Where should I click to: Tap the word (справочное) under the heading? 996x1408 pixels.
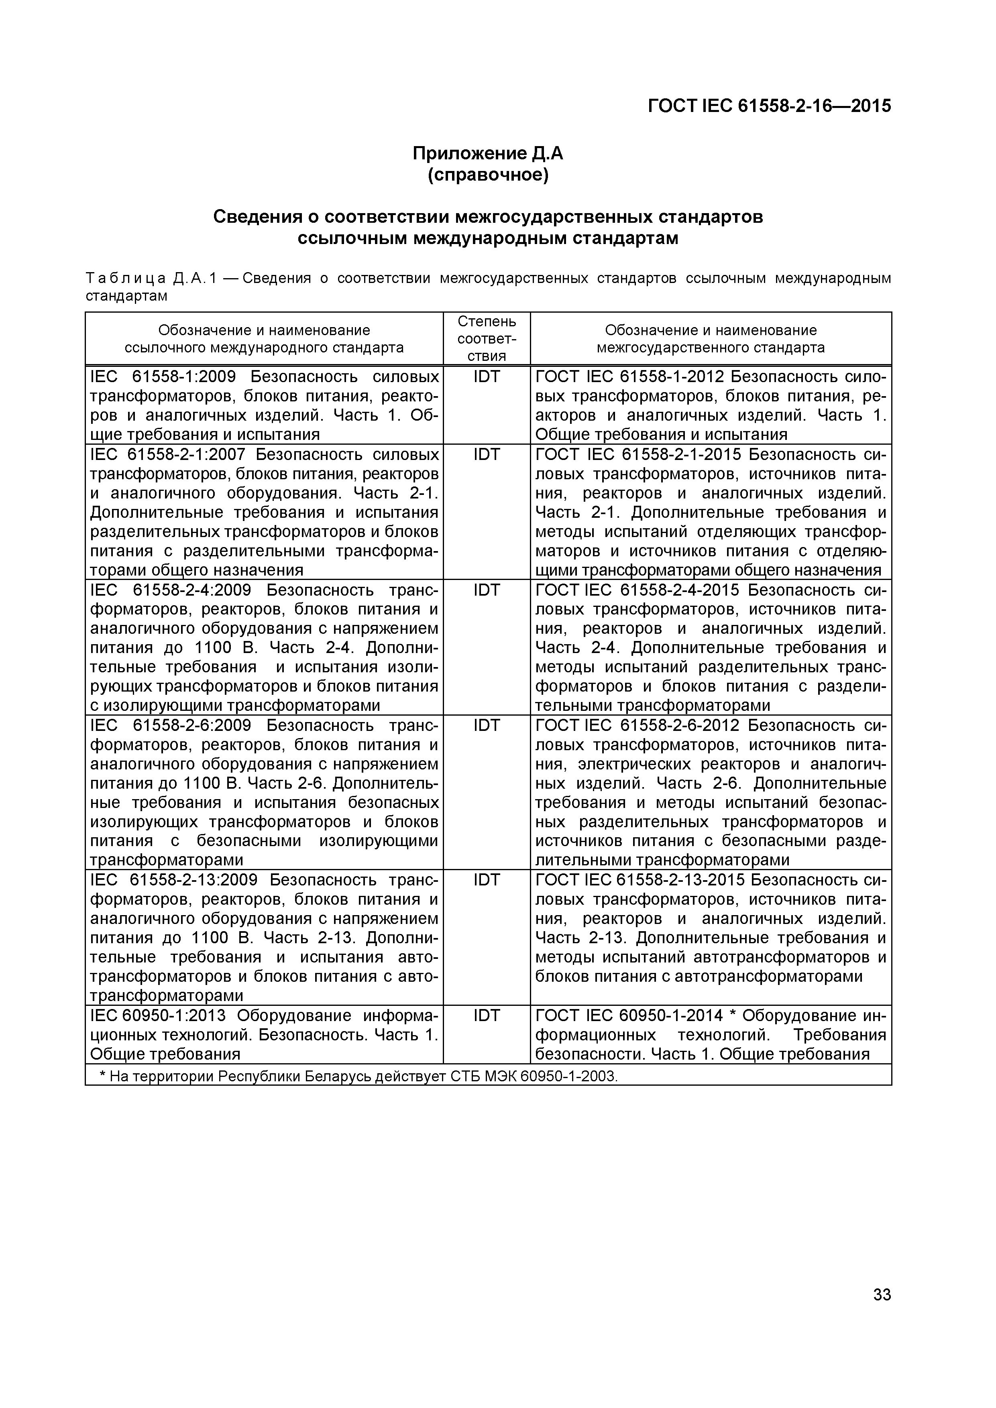click(488, 175)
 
